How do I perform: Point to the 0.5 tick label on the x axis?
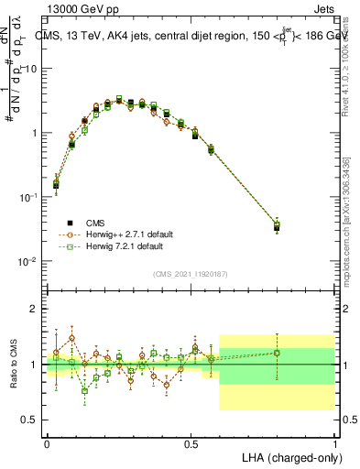[191, 442]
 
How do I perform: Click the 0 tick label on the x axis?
[47, 442]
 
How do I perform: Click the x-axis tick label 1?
[334, 442]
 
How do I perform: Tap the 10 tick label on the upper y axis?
[32, 70]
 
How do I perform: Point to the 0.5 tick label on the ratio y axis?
[30, 420]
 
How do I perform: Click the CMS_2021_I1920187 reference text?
[190, 275]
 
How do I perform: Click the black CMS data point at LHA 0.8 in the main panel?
[277, 227]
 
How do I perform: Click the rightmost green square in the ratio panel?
[277, 353]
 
